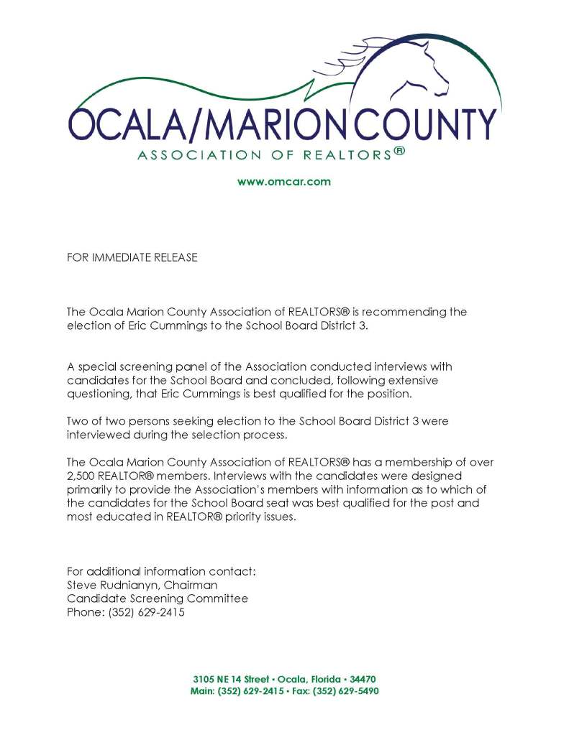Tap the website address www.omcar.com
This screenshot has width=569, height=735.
tap(284, 182)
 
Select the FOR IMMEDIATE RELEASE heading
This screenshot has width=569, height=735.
tap(132, 257)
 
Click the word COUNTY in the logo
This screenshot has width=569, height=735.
tap(429, 125)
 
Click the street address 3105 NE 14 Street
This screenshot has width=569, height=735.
tap(232, 679)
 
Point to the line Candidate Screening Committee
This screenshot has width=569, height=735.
tap(158, 599)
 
